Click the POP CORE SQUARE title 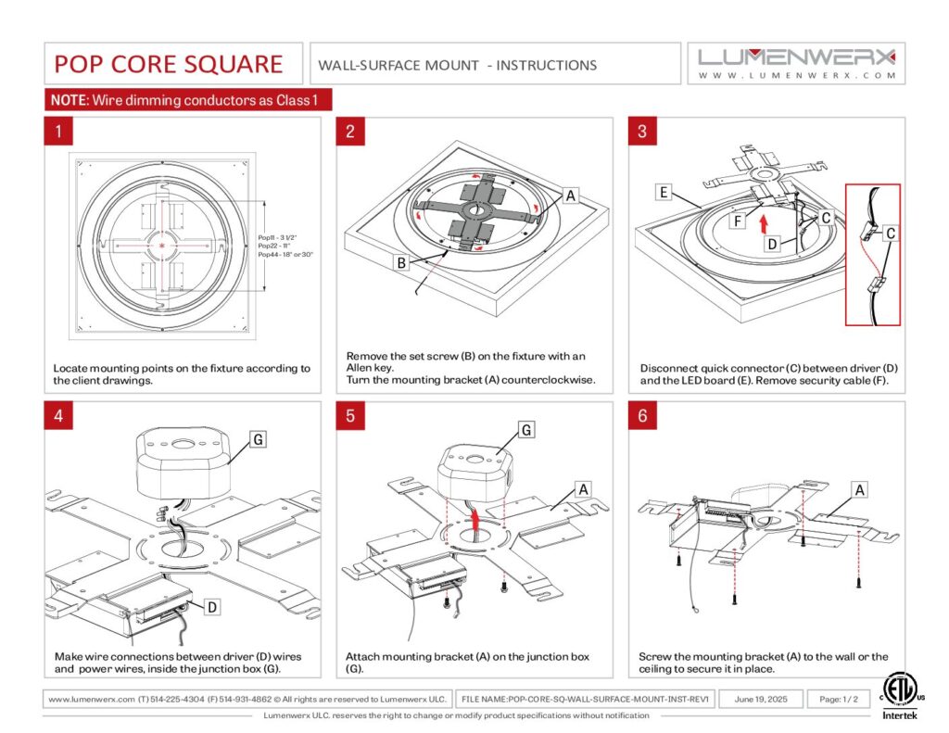point(168,64)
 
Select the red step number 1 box point(58,132)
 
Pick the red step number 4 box point(58,415)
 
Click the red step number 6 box point(642,415)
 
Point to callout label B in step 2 point(401,263)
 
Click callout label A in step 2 point(571,196)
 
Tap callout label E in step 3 point(664,193)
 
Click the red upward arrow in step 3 point(763,222)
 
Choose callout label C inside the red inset point(889,234)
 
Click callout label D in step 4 point(212,607)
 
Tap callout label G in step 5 point(526,430)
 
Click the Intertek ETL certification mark point(896,695)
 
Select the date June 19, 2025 point(760,699)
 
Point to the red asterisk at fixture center point(163,245)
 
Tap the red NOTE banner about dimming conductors point(188,100)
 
